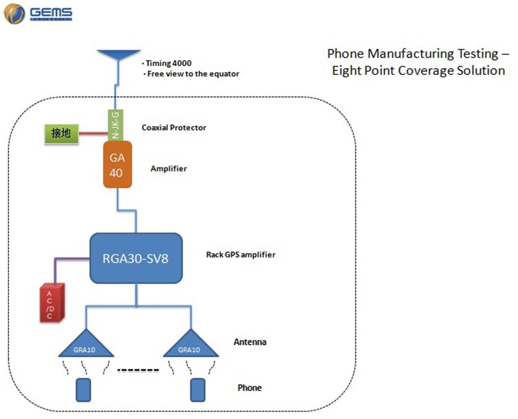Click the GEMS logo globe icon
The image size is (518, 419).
(x=14, y=13)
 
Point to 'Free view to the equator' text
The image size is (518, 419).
(x=192, y=74)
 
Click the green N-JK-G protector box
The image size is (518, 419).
(x=115, y=124)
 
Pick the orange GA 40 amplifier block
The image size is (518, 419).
(x=118, y=165)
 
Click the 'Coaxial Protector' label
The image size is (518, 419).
(x=174, y=127)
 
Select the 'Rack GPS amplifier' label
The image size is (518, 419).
(x=240, y=255)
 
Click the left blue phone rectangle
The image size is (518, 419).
(x=84, y=389)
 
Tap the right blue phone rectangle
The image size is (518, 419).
(x=197, y=389)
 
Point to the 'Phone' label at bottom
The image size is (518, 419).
(x=249, y=388)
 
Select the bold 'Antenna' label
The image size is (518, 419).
(x=249, y=342)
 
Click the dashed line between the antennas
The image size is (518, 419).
(x=138, y=371)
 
